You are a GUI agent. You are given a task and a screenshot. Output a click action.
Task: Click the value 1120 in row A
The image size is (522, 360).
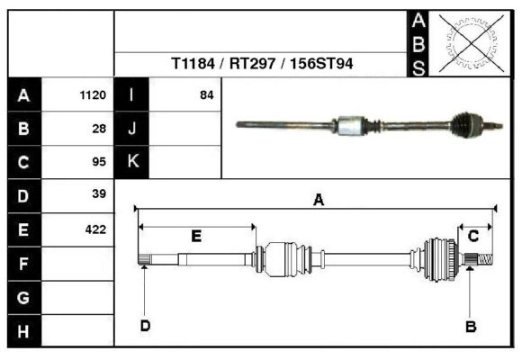point(94,94)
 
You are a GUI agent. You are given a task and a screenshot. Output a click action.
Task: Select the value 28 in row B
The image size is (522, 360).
point(99,129)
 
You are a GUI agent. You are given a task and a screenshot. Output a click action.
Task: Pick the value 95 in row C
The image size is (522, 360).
point(99,163)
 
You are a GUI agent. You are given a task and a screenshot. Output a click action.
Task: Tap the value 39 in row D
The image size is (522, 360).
point(99,194)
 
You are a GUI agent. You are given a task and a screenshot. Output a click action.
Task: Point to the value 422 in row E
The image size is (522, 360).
point(95,229)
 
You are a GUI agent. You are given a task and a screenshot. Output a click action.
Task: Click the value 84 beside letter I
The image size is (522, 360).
point(206,94)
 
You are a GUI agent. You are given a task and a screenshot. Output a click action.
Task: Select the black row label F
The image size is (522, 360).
point(23,264)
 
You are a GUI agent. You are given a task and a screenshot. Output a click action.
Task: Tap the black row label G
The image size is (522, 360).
point(23,298)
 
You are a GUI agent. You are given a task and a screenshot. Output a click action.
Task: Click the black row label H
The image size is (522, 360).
point(23,331)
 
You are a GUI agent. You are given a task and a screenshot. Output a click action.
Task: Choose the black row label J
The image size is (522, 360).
point(131,129)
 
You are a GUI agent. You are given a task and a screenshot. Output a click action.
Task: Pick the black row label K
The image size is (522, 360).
point(131,162)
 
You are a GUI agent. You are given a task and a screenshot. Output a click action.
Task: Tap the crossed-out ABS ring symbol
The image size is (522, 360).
point(466,42)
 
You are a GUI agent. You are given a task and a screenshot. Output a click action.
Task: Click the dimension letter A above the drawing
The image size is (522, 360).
point(318,201)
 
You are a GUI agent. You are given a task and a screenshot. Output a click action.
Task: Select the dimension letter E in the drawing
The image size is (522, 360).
point(195,236)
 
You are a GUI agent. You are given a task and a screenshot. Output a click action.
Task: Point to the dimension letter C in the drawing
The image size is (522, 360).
point(472,236)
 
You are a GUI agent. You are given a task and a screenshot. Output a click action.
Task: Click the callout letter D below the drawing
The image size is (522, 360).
point(145,326)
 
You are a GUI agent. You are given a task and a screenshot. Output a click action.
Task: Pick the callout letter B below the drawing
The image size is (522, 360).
point(470,327)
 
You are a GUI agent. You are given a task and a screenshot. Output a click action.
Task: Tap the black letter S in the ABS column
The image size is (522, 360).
point(418,67)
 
